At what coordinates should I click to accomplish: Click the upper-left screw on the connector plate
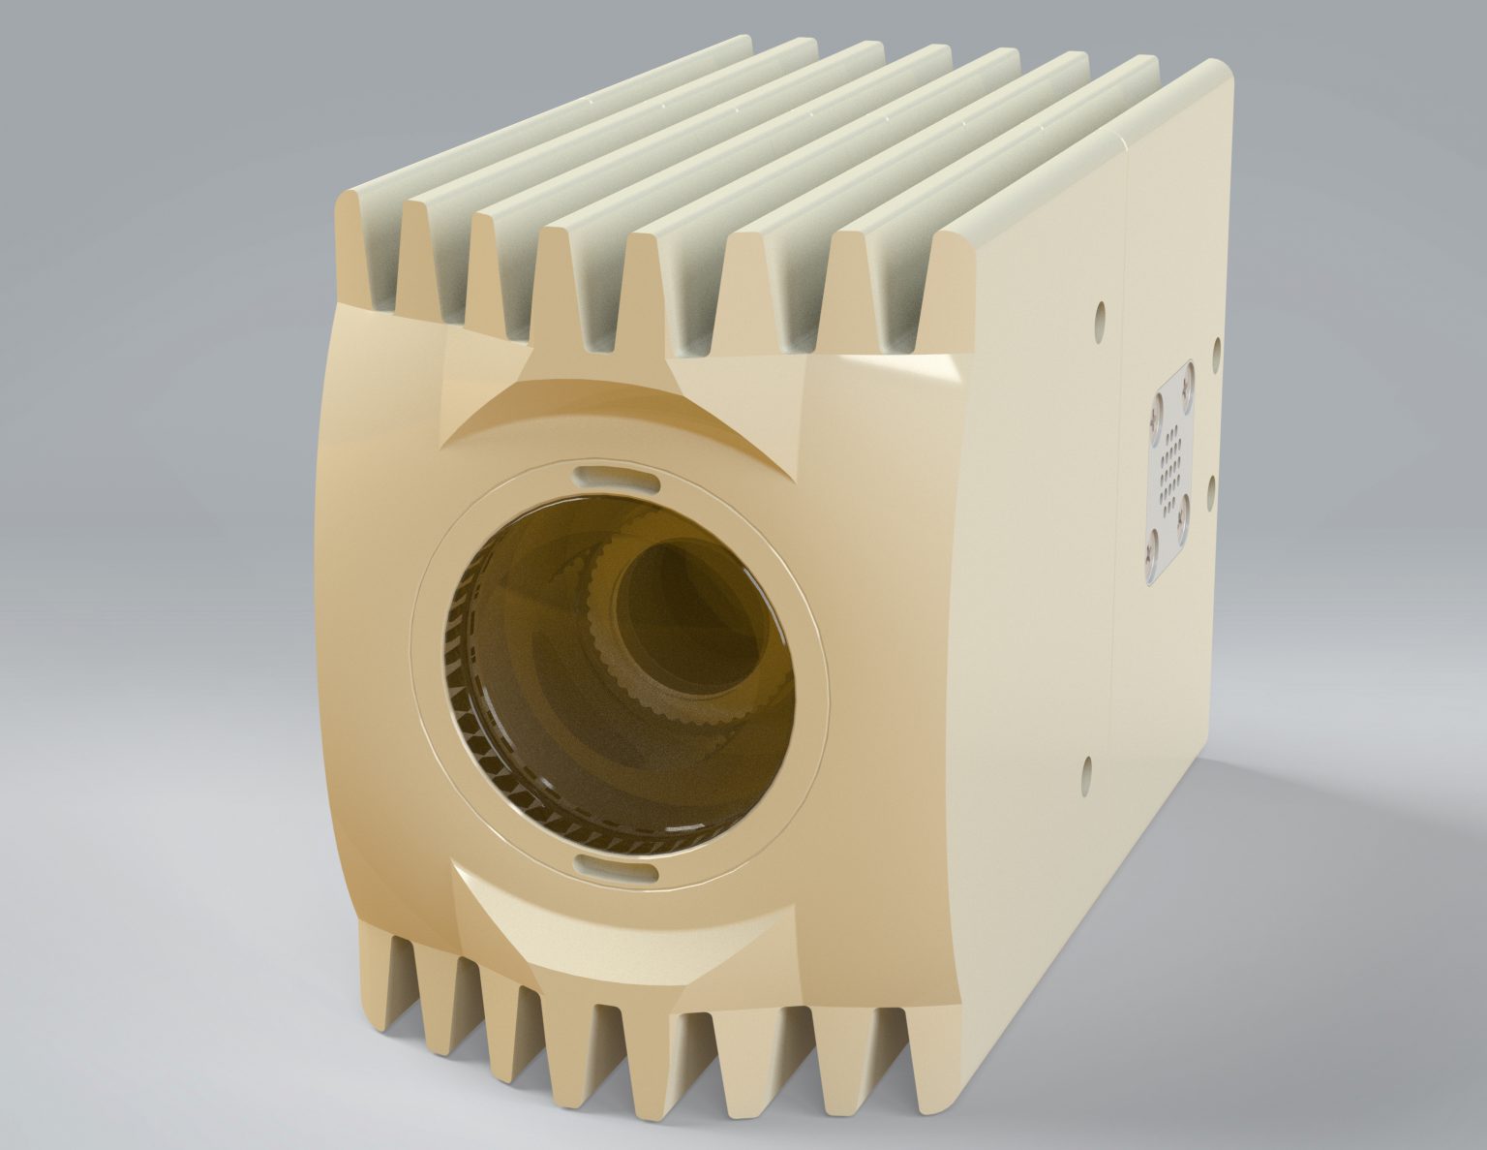click(x=1154, y=419)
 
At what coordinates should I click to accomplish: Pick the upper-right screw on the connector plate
click(x=1184, y=386)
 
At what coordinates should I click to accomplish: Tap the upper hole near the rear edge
click(x=1214, y=346)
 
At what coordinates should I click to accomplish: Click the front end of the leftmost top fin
click(x=366, y=252)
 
